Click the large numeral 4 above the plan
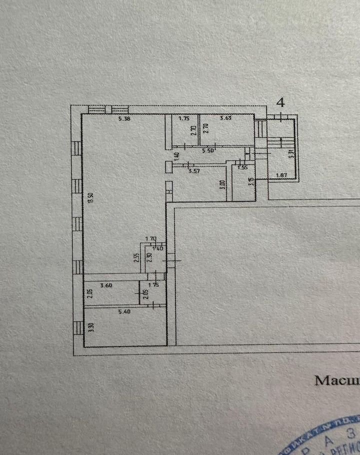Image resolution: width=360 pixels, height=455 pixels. (281, 103)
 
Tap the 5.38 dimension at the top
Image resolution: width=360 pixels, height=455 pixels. (124, 119)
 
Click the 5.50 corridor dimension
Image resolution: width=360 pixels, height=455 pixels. (209, 150)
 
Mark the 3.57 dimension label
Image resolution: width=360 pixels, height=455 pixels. (194, 171)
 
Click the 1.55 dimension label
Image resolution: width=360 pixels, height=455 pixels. (242, 168)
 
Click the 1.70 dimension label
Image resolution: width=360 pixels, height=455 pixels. (151, 238)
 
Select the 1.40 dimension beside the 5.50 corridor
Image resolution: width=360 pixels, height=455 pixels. (176, 155)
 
